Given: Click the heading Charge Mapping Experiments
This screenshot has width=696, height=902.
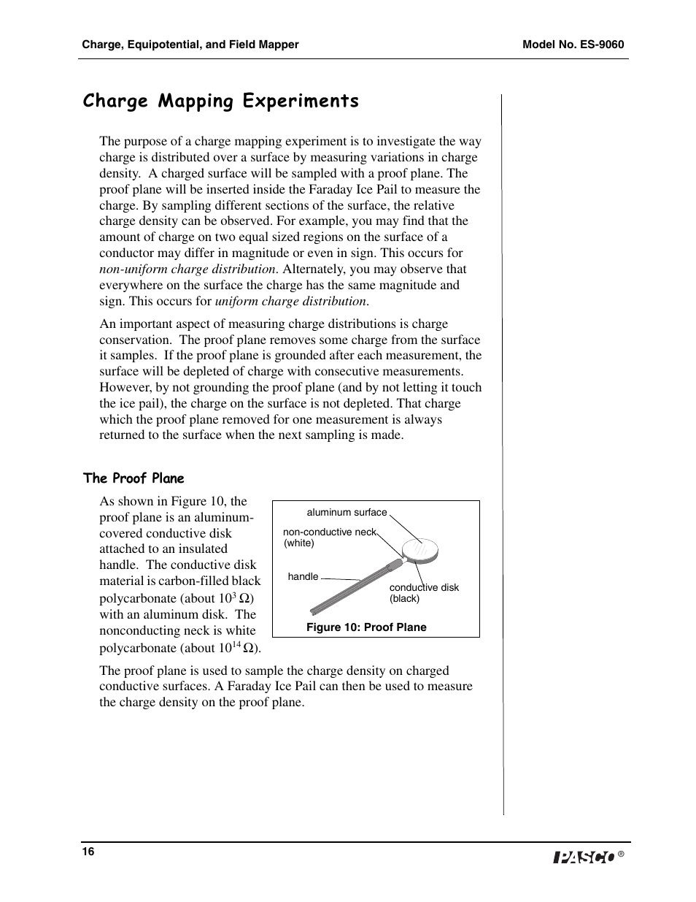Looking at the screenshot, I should click(x=220, y=101).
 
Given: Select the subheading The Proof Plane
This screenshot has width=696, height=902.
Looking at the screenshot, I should click(x=134, y=478).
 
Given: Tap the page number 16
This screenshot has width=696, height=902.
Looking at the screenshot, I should click(x=88, y=852).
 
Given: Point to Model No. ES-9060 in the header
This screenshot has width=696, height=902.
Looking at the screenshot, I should click(x=573, y=45).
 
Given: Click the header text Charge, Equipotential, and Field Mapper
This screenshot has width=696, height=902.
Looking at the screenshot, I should click(x=190, y=45).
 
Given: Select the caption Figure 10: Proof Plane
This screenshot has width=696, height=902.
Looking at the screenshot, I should click(x=366, y=627).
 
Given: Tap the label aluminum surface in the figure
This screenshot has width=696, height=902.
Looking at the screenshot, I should click(x=347, y=513).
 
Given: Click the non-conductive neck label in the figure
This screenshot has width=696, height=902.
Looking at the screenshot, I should click(x=329, y=532).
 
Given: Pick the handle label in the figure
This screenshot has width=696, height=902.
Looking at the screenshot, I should click(x=303, y=577).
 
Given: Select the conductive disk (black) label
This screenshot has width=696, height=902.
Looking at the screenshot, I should click(x=423, y=592).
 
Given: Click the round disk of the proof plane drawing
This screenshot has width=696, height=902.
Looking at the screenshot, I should click(x=422, y=549).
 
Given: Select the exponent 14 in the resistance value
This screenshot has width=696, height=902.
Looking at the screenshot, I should click(x=236, y=643).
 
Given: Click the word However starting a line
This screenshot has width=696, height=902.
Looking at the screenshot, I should click(x=125, y=387).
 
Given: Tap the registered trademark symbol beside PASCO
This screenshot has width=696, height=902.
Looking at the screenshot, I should click(x=621, y=854).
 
